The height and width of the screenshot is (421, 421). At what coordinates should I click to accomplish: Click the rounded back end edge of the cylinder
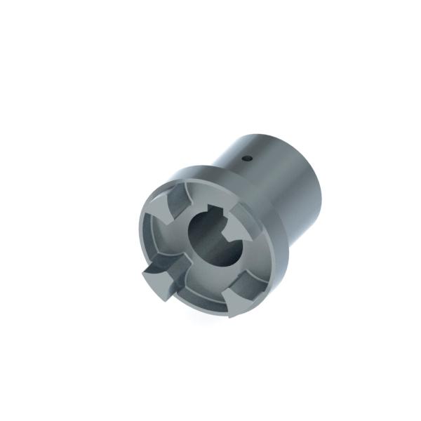pyautogui.click(x=319, y=182)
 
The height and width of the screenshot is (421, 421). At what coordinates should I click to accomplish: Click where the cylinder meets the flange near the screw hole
pyautogui.click(x=232, y=168)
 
